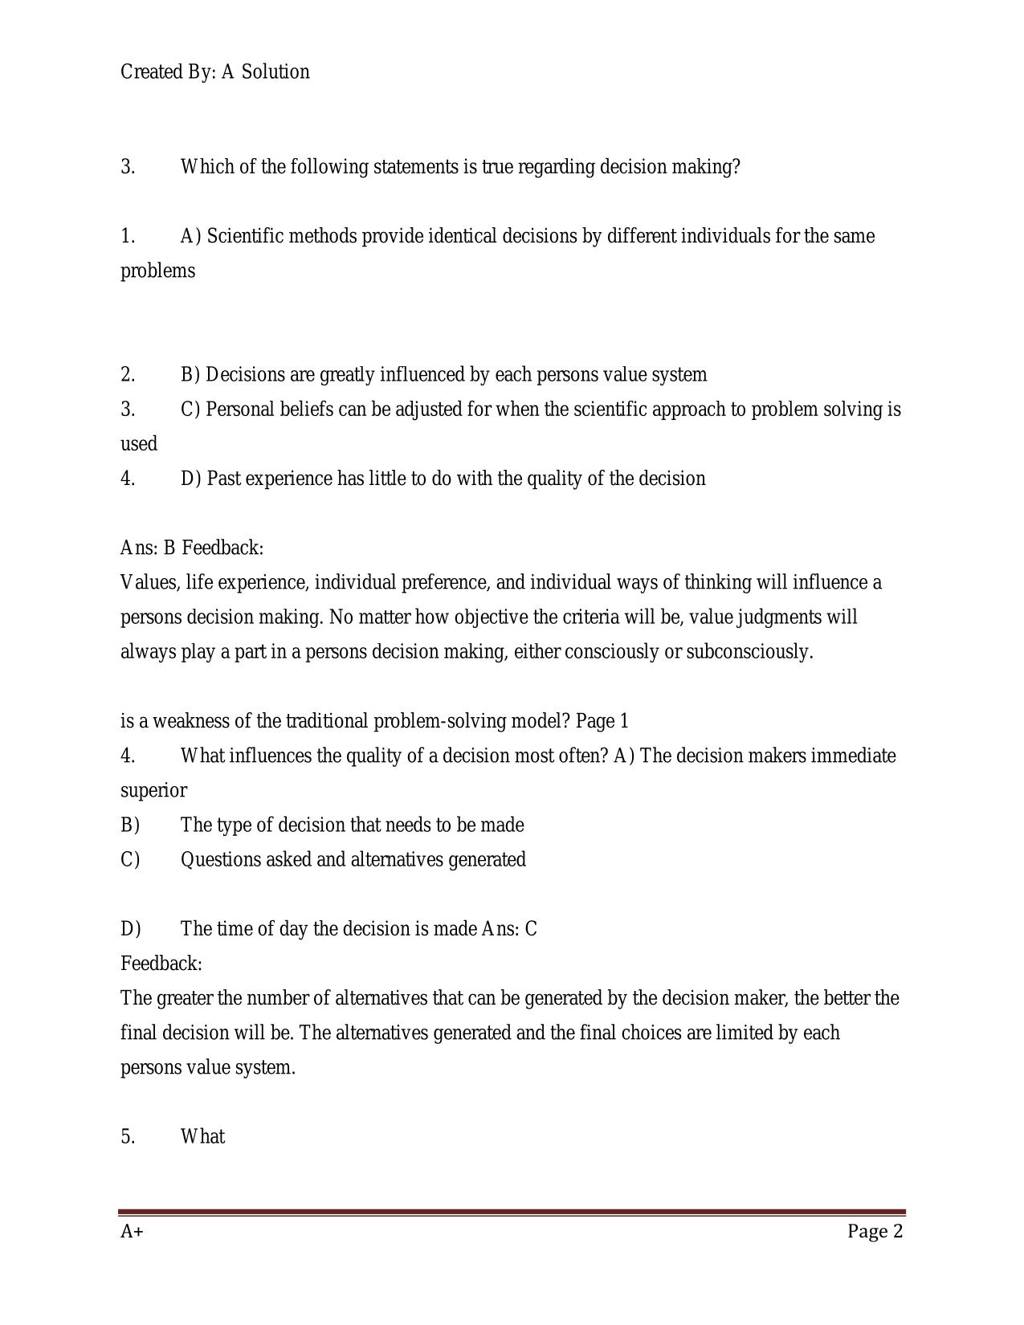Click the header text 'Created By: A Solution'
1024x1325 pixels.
click(x=214, y=72)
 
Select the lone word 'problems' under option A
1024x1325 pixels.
click(x=157, y=271)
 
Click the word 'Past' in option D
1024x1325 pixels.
click(x=224, y=479)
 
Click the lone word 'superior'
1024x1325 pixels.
click(x=153, y=790)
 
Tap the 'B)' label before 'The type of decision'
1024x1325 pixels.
click(x=130, y=825)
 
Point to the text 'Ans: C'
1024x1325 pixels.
click(x=509, y=929)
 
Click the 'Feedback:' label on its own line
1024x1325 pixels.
click(x=161, y=964)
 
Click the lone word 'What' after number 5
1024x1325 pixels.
click(x=202, y=1136)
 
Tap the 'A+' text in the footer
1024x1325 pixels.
click(x=132, y=1232)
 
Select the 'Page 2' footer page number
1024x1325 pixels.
click(x=875, y=1232)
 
